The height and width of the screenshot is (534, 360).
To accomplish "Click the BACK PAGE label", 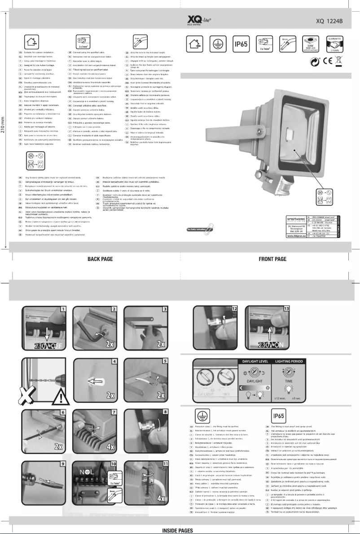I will pos(100,259).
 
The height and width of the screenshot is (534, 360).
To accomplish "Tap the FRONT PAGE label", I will pos(272,259).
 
